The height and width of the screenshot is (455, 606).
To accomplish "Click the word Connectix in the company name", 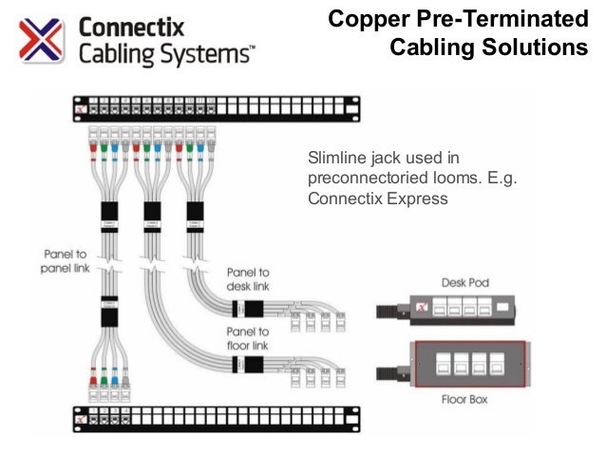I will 130,26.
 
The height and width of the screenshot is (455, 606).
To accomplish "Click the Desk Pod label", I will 464,283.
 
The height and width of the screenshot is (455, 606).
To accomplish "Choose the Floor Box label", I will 464,400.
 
